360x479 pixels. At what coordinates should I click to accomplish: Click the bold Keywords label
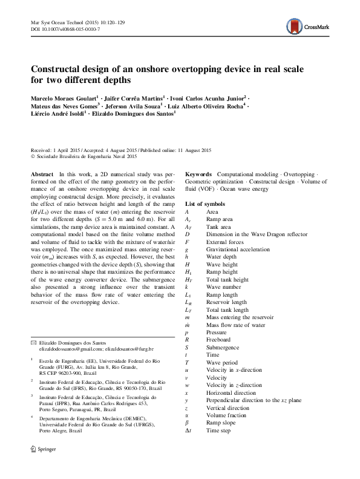pyautogui.click(x=199, y=173)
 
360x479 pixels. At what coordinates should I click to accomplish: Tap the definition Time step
pyautogui.click(x=218, y=430)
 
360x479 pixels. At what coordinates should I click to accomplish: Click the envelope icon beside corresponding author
pyautogui.click(x=33, y=343)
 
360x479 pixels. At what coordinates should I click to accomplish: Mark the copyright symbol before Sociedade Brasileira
pyautogui.click(x=33, y=156)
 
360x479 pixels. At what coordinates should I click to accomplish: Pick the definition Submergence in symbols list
pyautogui.click(x=223, y=347)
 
